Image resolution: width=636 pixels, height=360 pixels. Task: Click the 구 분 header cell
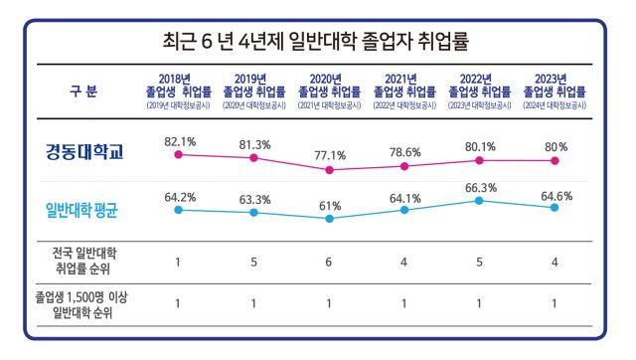[83, 91]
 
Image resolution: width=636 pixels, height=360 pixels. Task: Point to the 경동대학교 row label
[83, 152]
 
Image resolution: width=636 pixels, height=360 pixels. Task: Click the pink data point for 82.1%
[178, 155]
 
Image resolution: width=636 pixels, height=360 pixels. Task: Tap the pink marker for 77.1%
[329, 170]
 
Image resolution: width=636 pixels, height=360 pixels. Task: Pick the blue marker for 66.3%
[480, 201]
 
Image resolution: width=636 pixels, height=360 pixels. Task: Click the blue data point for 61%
[329, 218]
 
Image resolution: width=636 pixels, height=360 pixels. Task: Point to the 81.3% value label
[253, 143]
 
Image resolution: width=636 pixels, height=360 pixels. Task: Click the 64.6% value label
[556, 195]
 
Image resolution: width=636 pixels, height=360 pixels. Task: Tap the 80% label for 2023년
[556, 146]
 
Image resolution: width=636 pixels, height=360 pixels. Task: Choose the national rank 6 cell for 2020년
[329, 262]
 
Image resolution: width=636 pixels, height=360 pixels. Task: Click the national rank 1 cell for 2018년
[178, 262]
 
